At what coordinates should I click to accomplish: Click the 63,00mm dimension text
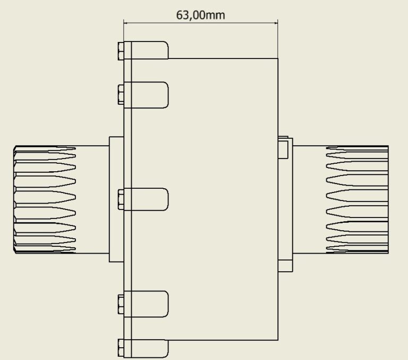pos(200,14)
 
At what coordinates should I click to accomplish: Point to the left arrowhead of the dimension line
pos(126,22)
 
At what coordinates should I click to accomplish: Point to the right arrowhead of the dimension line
pos(275,22)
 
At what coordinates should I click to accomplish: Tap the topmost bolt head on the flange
pos(120,51)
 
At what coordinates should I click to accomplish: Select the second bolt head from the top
pos(120,95)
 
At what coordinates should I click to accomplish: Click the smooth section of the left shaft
pos(92,198)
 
